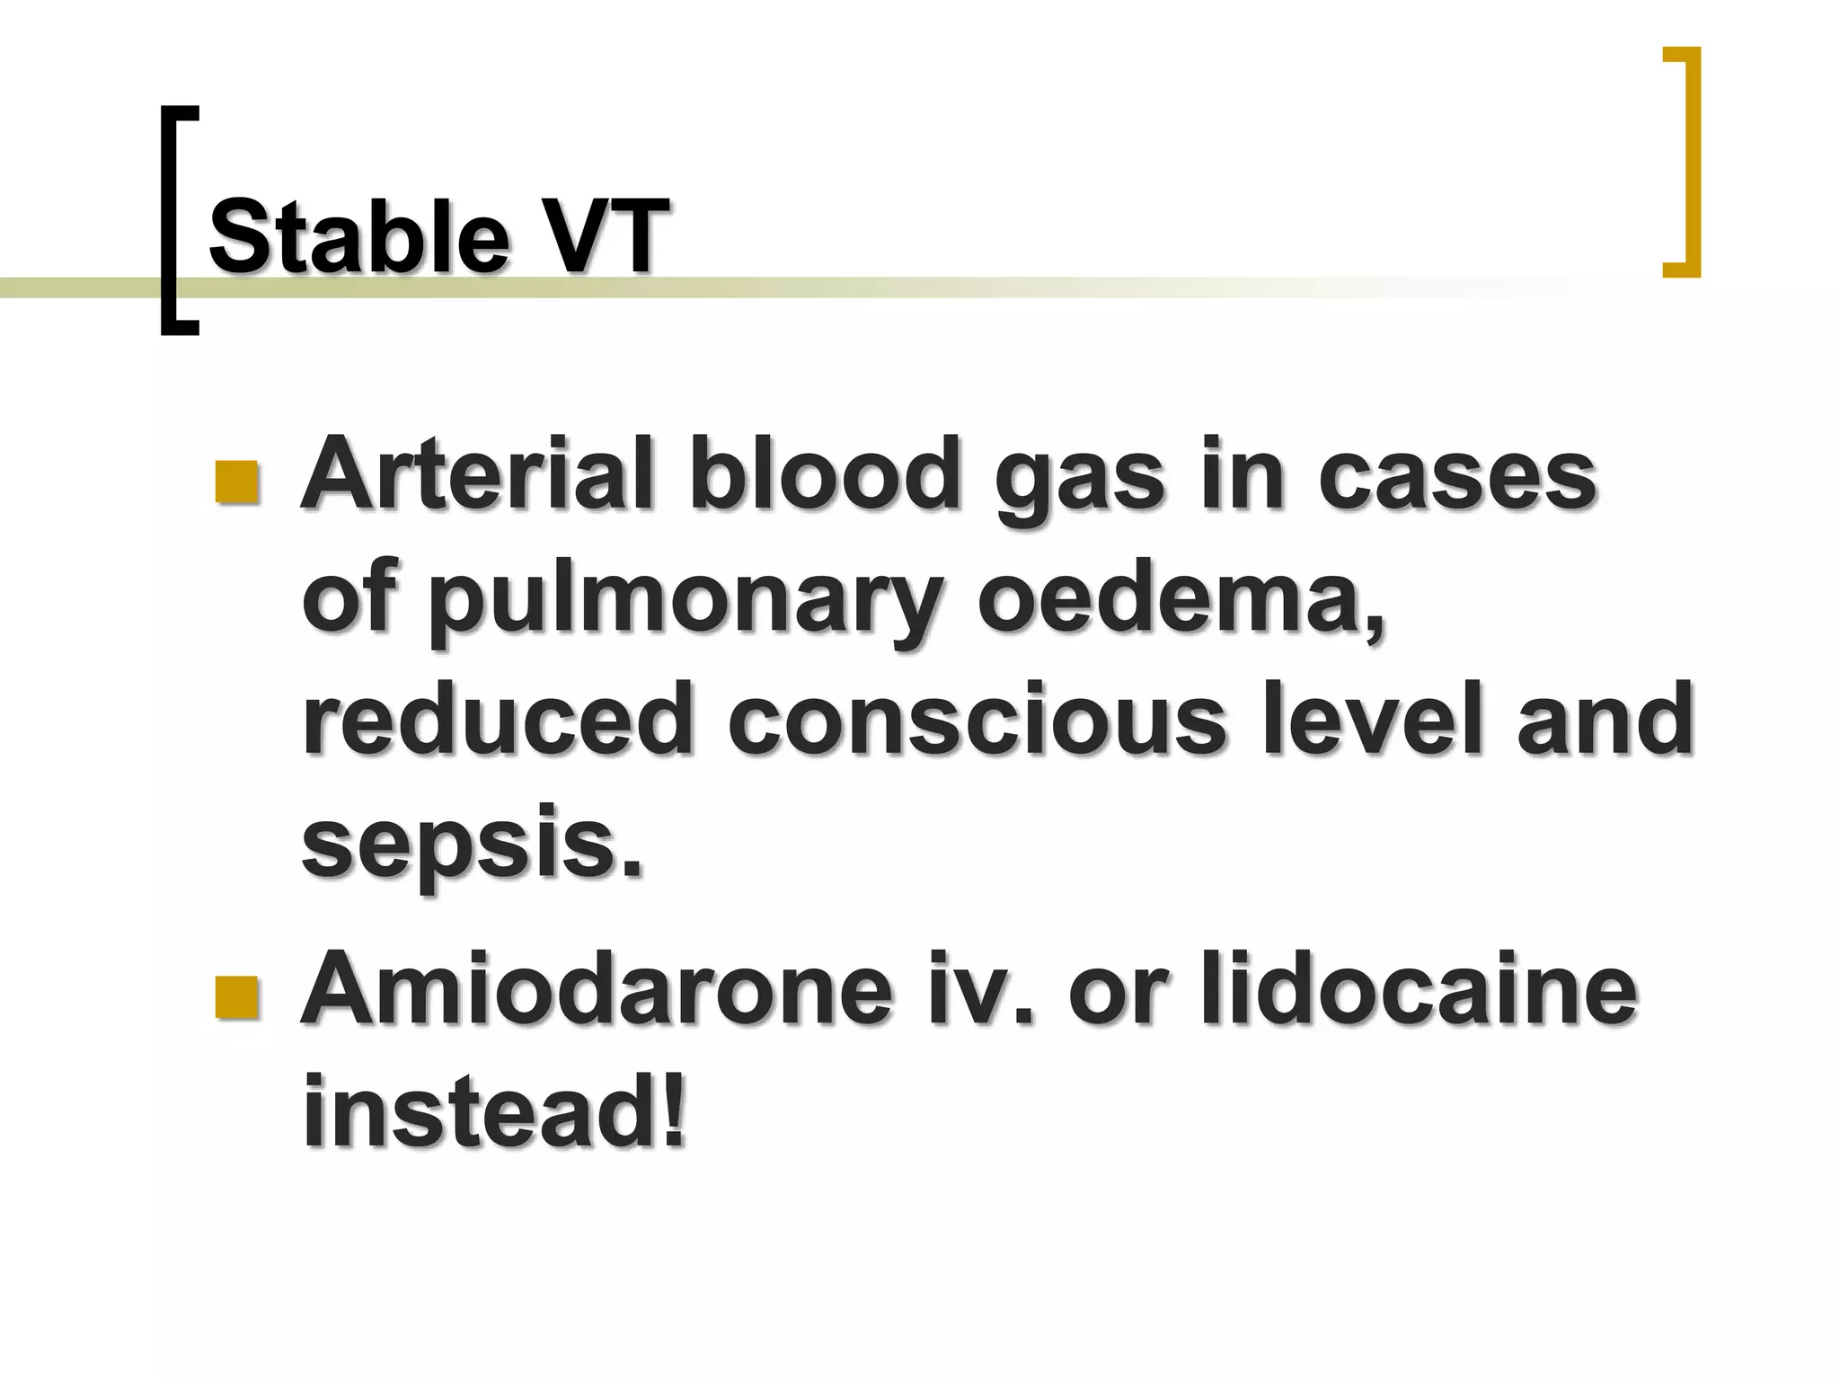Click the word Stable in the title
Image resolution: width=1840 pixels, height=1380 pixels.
(x=359, y=236)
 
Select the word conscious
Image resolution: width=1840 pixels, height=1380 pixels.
(x=977, y=719)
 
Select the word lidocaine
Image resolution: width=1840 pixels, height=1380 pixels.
(x=1419, y=989)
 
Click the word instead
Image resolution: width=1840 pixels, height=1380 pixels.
(x=481, y=1112)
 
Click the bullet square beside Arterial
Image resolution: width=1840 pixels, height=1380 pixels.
(x=237, y=482)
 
